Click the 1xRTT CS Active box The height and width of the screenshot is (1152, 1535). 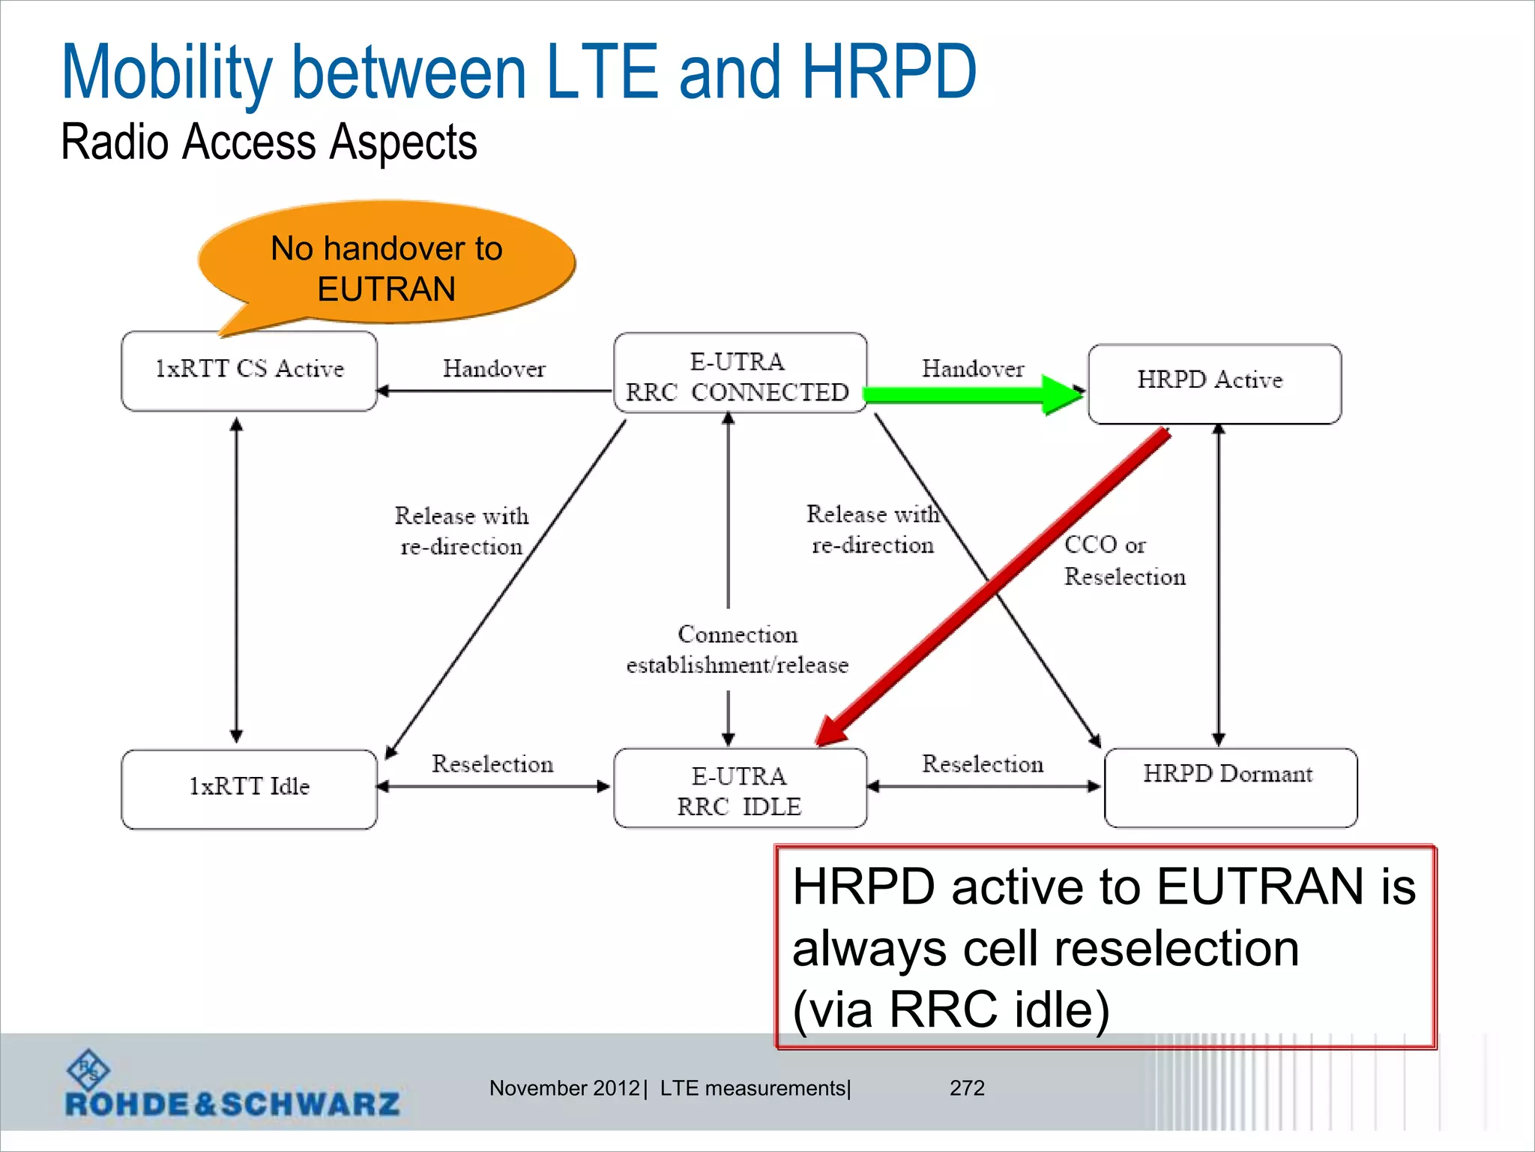pyautogui.click(x=249, y=370)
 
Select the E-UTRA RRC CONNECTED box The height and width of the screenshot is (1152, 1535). pyautogui.click(x=740, y=373)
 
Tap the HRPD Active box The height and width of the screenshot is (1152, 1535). pyautogui.click(x=1214, y=383)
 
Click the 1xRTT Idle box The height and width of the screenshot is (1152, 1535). pyautogui.click(x=249, y=789)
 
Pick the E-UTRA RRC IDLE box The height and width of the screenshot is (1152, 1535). pyautogui.click(x=740, y=789)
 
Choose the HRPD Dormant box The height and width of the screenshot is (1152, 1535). pyautogui.click(x=1230, y=787)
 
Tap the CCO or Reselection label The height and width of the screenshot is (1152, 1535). pyautogui.click(x=1124, y=560)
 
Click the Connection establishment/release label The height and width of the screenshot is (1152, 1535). pyautogui.click(x=737, y=649)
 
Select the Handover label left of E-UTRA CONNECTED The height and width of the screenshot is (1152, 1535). pyautogui.click(x=494, y=368)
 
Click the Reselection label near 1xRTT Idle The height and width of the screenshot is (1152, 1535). pyautogui.click(x=492, y=763)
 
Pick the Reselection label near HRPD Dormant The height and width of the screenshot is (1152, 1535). pyautogui.click(x=982, y=763)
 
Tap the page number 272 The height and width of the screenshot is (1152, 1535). pyautogui.click(x=967, y=1087)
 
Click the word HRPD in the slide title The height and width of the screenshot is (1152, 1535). pyautogui.click(x=888, y=72)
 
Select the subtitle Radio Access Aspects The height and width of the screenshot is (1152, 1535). pyautogui.click(x=268, y=142)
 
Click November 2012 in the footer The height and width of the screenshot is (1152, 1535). pyautogui.click(x=564, y=1087)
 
